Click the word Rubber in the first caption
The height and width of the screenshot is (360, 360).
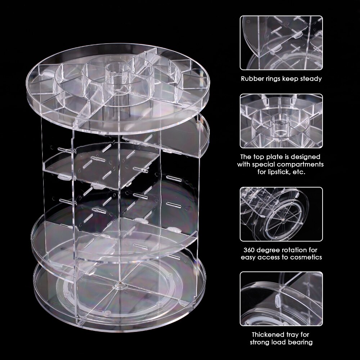(x=252, y=79)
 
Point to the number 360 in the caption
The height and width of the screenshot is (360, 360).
(x=249, y=250)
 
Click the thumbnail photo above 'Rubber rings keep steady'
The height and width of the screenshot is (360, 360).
(x=281, y=43)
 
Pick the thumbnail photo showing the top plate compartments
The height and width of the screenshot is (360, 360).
(x=281, y=121)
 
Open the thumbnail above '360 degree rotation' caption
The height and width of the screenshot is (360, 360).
(x=281, y=214)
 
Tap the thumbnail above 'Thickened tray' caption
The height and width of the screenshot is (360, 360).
(x=281, y=299)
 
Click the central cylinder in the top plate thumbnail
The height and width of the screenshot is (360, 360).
(x=278, y=124)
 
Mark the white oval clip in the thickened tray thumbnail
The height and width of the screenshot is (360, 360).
(x=277, y=301)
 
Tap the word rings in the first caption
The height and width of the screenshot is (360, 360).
(x=273, y=79)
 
